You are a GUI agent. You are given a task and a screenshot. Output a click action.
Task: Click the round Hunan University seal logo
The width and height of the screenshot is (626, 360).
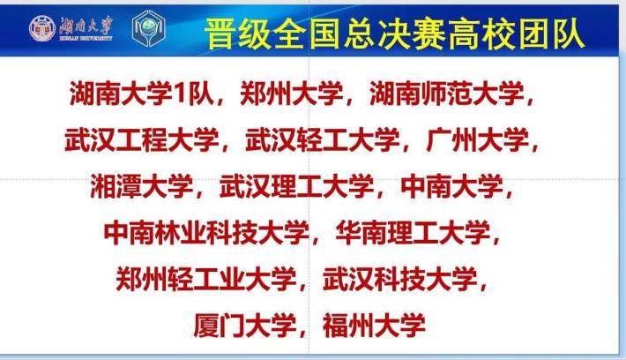(x=42, y=28)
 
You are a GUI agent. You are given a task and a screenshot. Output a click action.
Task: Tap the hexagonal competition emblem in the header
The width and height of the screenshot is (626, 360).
(x=148, y=28)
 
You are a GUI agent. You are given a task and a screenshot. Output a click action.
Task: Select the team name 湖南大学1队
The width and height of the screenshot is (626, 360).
(x=142, y=94)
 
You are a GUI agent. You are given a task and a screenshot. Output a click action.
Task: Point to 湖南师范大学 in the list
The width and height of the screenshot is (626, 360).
(x=447, y=94)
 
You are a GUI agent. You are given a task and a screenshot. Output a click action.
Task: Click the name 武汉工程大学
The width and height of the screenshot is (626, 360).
(x=142, y=139)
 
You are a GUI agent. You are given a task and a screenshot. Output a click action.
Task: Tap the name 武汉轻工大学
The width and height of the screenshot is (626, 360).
(x=323, y=139)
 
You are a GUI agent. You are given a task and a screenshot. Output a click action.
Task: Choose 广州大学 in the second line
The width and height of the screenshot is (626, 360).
(x=478, y=139)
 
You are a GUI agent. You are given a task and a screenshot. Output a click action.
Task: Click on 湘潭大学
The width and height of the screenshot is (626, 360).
(x=142, y=186)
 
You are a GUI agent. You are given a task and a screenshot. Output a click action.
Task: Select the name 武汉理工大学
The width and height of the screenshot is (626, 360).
(x=296, y=186)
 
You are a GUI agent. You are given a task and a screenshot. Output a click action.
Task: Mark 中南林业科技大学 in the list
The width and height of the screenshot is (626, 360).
(x=206, y=233)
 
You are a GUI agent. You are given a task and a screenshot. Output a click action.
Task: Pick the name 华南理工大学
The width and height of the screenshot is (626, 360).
(x=413, y=233)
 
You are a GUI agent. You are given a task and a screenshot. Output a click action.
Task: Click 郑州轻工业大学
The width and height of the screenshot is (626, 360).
(x=206, y=279)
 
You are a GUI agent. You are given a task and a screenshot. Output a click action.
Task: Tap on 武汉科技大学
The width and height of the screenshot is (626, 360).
(x=400, y=279)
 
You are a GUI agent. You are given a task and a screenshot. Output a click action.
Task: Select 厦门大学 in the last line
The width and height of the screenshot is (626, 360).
(x=245, y=326)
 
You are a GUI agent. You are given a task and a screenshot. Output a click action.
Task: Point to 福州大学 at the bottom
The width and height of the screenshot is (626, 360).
(x=374, y=326)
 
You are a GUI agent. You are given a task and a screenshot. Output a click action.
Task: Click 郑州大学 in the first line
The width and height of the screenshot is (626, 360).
(x=292, y=94)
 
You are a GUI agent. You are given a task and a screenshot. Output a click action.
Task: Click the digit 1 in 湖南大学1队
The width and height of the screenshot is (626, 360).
(x=180, y=94)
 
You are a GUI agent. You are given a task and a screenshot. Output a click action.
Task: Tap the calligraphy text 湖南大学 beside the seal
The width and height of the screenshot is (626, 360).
(x=86, y=26)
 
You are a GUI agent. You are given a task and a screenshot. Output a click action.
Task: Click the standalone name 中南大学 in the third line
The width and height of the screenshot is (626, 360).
(x=451, y=186)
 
